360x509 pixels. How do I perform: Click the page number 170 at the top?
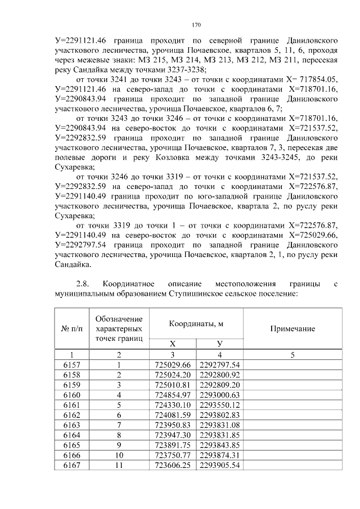point(196,25)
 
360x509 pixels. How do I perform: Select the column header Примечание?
point(292,328)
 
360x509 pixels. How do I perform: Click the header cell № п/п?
point(71,328)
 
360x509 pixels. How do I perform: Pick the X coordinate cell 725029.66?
point(173,365)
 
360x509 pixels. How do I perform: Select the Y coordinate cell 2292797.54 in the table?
point(220,365)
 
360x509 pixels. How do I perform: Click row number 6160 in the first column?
point(71,395)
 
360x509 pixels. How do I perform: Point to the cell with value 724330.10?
point(173,406)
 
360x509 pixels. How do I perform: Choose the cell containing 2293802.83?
point(220,416)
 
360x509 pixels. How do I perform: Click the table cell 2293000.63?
point(220,395)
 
